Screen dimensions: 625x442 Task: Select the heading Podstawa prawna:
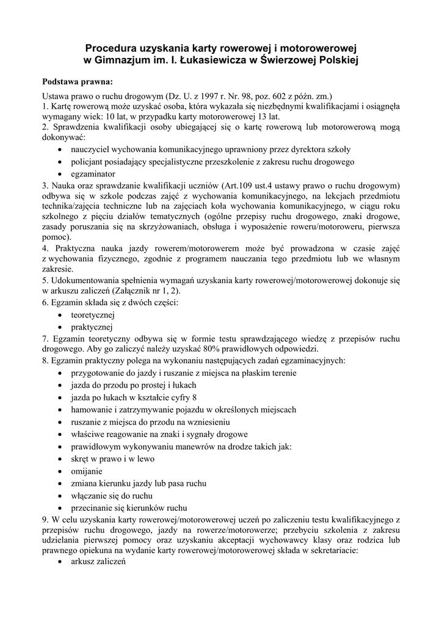click(x=77, y=81)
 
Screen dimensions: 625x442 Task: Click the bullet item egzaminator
click(x=93, y=174)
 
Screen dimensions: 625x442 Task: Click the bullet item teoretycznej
click(x=93, y=315)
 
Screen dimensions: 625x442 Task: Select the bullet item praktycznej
click(x=92, y=327)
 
